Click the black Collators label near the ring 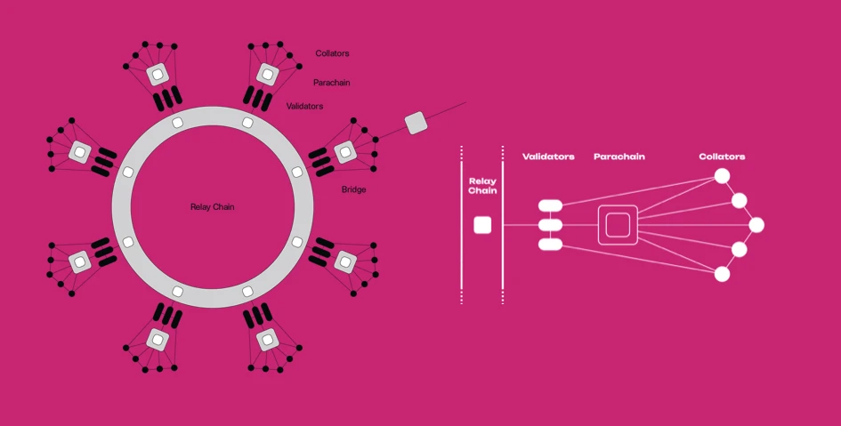click(x=332, y=53)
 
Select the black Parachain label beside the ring click(x=331, y=83)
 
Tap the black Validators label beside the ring click(x=304, y=107)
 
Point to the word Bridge click(x=353, y=189)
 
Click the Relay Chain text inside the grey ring click(x=213, y=207)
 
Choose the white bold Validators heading click(x=548, y=157)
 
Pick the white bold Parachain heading click(x=619, y=157)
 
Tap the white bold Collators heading click(x=722, y=157)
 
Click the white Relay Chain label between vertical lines click(x=482, y=185)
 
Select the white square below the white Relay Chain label click(x=482, y=225)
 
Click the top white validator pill click(x=550, y=206)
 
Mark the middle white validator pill click(x=550, y=225)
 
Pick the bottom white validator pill click(x=550, y=244)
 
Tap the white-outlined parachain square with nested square click(x=619, y=225)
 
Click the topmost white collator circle click(x=722, y=176)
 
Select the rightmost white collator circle click(x=756, y=225)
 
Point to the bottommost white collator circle click(x=722, y=274)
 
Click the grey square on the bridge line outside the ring click(x=416, y=124)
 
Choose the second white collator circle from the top click(x=740, y=200)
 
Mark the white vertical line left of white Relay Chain click(x=462, y=225)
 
